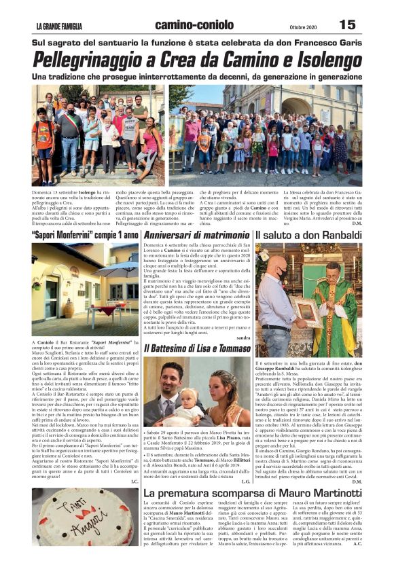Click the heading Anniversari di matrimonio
pyautogui.click(x=196, y=234)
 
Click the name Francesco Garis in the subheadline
pyautogui.click(x=328, y=43)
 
